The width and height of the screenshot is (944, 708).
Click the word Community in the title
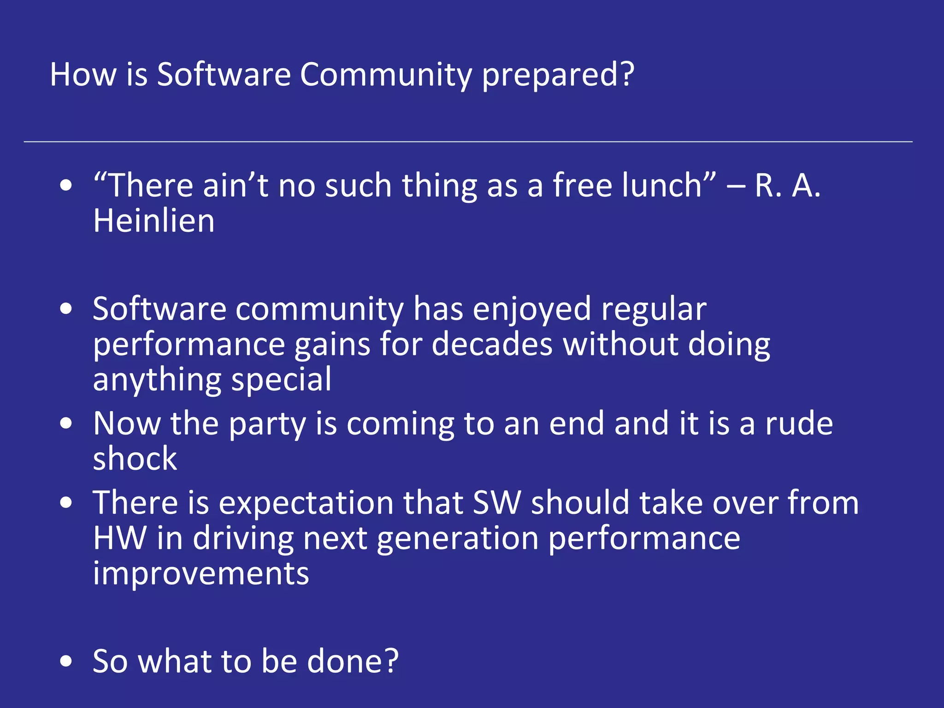tap(386, 74)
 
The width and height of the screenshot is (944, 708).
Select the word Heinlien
tap(153, 221)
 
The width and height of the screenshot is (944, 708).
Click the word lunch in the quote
tap(661, 185)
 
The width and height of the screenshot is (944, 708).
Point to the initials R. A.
tap(788, 185)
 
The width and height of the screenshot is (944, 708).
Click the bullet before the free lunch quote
tap(66, 185)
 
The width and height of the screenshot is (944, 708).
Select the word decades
tap(492, 344)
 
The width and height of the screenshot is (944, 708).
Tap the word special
tap(281, 380)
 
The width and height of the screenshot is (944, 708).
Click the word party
tap(267, 424)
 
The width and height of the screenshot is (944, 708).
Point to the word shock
tap(135, 459)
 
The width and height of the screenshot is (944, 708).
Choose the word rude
tap(799, 424)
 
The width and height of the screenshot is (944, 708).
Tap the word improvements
tap(201, 573)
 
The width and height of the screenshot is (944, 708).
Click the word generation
tap(457, 538)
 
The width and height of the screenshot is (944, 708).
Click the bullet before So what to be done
tap(66, 661)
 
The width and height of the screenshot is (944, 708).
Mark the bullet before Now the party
tap(66, 424)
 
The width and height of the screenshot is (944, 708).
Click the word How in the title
tap(83, 74)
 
